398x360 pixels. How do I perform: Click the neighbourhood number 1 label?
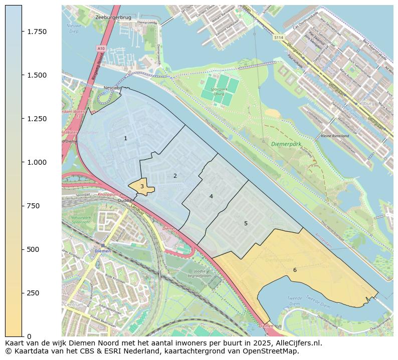point(125,138)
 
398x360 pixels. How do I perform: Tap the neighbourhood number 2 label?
point(175,176)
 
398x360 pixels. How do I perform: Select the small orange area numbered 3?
point(142,186)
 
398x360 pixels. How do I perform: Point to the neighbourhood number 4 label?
point(211,196)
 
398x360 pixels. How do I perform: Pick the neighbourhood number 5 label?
point(246,223)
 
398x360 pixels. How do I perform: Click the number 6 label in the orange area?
point(295,270)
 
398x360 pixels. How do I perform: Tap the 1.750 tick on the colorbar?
point(37,32)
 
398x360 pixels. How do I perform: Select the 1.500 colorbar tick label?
point(37,75)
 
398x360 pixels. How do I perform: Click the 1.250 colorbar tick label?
point(37,119)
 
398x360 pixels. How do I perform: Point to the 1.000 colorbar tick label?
point(37,162)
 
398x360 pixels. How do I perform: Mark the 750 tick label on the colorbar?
point(34,206)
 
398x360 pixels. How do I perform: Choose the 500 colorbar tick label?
point(34,249)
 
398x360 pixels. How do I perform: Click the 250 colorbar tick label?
point(34,293)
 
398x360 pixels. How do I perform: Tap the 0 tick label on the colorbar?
point(29,336)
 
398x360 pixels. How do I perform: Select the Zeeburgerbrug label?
point(113,17)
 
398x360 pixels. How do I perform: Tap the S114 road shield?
point(279,38)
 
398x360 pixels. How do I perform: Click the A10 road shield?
point(101,48)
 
